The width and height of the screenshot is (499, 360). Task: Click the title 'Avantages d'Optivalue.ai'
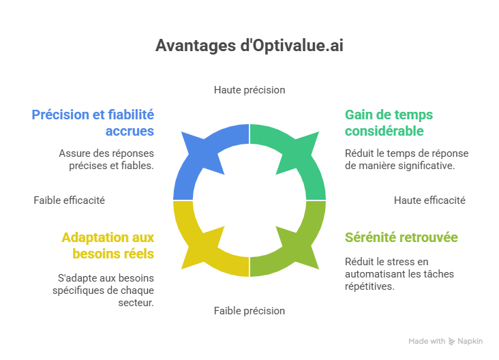click(249, 46)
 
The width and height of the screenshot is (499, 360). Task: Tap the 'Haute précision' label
click(249, 89)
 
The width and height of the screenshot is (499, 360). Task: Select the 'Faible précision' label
click(249, 310)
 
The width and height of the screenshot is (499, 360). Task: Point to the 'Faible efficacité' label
click(70, 200)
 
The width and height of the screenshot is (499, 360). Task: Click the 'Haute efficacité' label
click(429, 200)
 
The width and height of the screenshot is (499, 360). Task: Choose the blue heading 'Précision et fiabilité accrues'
click(93, 123)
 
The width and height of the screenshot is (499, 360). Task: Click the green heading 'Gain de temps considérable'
click(389, 123)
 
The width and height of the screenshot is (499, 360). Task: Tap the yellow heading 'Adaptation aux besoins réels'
click(107, 245)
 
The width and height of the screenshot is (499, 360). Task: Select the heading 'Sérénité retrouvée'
click(401, 237)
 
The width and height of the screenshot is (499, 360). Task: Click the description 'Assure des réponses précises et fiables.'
click(106, 158)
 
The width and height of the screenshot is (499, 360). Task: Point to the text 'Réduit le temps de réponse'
click(407, 153)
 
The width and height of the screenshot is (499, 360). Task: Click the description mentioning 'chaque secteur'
click(104, 290)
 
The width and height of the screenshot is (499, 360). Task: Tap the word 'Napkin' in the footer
click(470, 341)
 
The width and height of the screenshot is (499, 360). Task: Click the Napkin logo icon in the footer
click(452, 341)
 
